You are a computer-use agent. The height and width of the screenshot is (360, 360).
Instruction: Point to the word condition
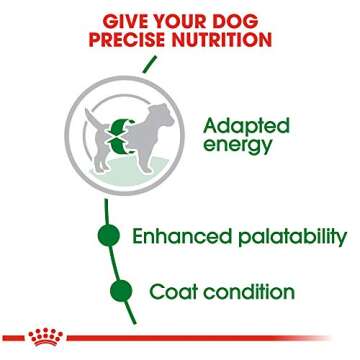click(x=249, y=292)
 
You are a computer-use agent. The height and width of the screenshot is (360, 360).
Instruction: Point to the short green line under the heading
click(x=149, y=65)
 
